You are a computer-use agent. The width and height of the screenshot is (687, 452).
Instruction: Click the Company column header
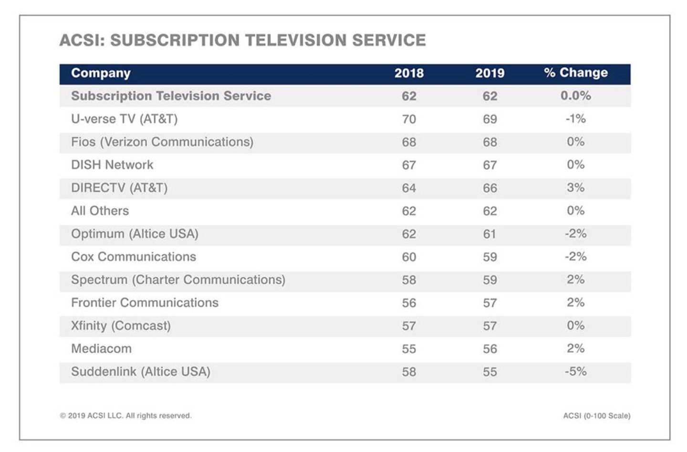[x=101, y=73]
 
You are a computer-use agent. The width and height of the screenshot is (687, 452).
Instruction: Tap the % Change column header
[x=576, y=73]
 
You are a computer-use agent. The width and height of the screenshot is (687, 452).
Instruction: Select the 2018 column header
[x=409, y=73]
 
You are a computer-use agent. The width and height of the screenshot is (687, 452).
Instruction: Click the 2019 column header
[x=489, y=73]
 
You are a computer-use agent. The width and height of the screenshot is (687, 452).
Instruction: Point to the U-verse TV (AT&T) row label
[x=124, y=119]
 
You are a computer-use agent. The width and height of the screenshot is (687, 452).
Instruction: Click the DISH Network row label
[x=112, y=165]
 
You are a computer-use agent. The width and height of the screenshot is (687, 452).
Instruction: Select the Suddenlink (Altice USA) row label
[x=141, y=371]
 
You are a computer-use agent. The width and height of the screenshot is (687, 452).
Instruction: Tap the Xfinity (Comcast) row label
[x=121, y=326]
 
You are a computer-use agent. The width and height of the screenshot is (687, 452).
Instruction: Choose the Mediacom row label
[x=101, y=348]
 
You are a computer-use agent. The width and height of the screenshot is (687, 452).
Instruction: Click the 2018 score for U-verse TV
[x=409, y=119]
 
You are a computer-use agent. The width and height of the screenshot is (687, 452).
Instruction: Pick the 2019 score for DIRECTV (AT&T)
[x=489, y=188]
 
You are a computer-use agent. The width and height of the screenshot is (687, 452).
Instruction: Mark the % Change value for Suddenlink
[x=575, y=371]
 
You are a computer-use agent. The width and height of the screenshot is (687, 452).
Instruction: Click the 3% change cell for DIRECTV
[x=575, y=188]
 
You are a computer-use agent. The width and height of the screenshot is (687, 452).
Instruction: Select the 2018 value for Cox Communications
[x=409, y=257]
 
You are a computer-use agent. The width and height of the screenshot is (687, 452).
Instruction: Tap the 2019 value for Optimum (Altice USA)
[x=489, y=234]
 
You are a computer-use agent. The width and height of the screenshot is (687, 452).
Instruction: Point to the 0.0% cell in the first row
[x=575, y=96]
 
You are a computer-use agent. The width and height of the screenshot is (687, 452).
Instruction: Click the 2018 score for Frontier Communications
[x=409, y=303]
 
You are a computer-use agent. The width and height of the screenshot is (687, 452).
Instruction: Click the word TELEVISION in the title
[x=296, y=40]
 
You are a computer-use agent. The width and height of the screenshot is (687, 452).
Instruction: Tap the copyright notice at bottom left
[x=125, y=416]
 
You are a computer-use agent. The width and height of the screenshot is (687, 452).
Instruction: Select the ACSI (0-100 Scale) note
[x=596, y=416]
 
